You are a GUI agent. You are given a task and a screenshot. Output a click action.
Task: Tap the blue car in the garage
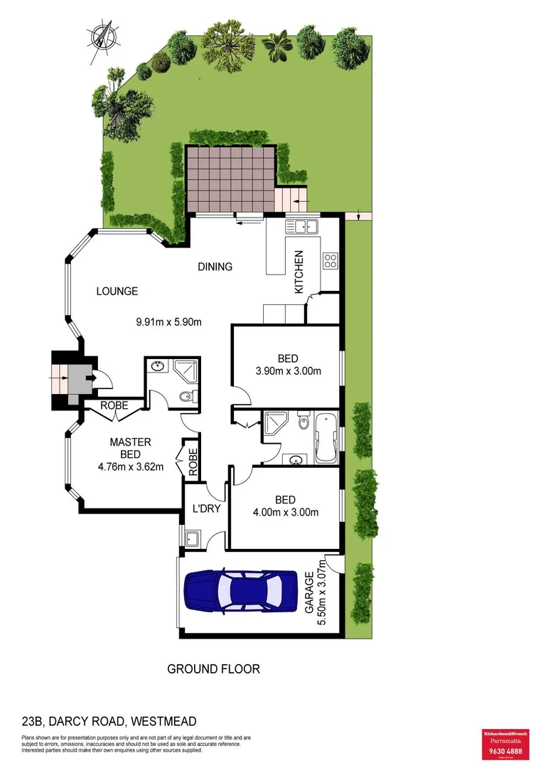click(x=241, y=590)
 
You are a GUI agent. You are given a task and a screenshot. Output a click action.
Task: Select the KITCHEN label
click(x=300, y=272)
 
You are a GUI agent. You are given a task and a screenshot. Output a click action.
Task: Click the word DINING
click(x=215, y=267)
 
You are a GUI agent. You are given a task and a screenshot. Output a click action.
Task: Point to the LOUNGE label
click(x=117, y=291)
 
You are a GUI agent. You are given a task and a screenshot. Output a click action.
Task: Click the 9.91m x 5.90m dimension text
click(x=169, y=321)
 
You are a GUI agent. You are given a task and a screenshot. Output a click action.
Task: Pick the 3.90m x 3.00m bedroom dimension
click(x=288, y=370)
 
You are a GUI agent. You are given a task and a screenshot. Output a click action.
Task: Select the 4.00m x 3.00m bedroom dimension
click(x=285, y=512)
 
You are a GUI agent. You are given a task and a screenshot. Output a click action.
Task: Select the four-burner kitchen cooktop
click(x=330, y=260)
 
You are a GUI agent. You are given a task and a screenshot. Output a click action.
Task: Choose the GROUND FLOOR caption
click(x=213, y=668)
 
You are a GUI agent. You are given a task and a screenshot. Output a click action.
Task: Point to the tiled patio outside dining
click(x=230, y=178)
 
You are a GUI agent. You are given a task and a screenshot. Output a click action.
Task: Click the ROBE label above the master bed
click(x=114, y=405)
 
